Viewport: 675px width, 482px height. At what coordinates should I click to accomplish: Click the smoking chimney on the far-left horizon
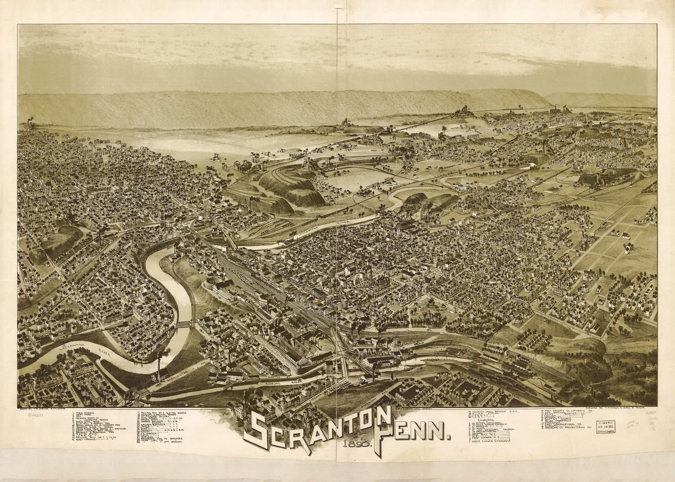pos(29,121)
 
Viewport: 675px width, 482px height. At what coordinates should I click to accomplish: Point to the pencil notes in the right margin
pos(652,422)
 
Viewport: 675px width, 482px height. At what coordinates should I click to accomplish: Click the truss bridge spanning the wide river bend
pos(183,325)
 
